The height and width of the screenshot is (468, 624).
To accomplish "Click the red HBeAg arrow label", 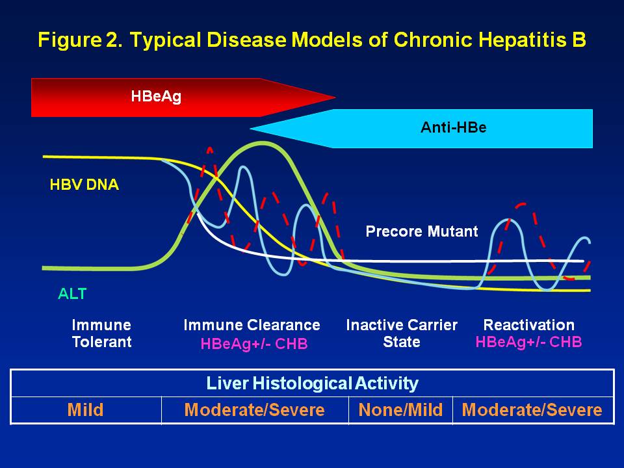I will coord(156,96).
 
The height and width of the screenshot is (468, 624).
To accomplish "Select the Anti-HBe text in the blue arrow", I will coord(453,127).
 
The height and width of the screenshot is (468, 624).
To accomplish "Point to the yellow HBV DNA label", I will coord(84,185).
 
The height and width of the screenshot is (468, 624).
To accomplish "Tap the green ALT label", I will coord(72,294).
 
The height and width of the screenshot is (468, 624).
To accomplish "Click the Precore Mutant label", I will coord(421,231).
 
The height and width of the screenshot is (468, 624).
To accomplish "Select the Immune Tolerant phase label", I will coord(101,333).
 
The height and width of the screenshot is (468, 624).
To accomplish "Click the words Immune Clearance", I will coord(252,325).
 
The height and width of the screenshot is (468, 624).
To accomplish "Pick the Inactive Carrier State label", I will coord(401,333).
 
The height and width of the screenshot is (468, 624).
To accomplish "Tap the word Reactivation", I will coord(528,325).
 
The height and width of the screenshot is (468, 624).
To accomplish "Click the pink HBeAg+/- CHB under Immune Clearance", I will coord(253,344).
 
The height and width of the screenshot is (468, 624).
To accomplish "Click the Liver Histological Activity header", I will coord(312,383).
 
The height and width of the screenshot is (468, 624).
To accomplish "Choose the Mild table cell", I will coord(85,410).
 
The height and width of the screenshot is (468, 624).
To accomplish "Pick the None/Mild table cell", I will coord(400,410).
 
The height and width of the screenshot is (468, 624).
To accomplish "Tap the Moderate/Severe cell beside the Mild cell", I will coord(254,410).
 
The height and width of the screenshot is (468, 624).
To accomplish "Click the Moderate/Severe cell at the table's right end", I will coord(532,410).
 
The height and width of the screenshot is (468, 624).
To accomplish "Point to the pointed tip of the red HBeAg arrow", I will coord(334,98).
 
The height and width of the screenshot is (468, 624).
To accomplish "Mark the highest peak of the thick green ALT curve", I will coord(263,143).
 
